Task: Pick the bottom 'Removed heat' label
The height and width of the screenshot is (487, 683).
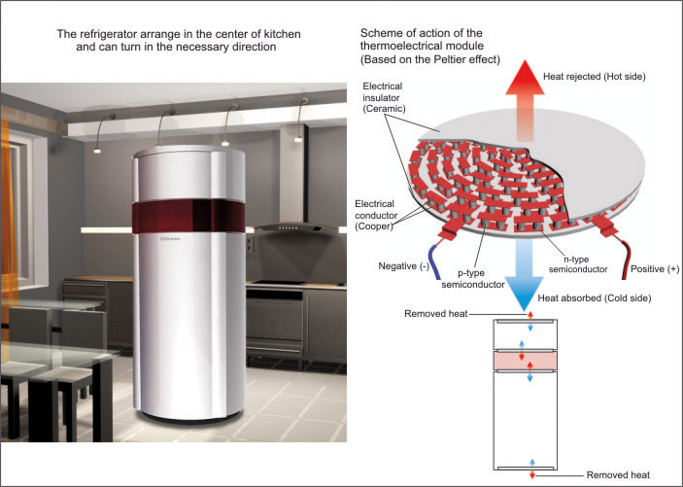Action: [x=619, y=474]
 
